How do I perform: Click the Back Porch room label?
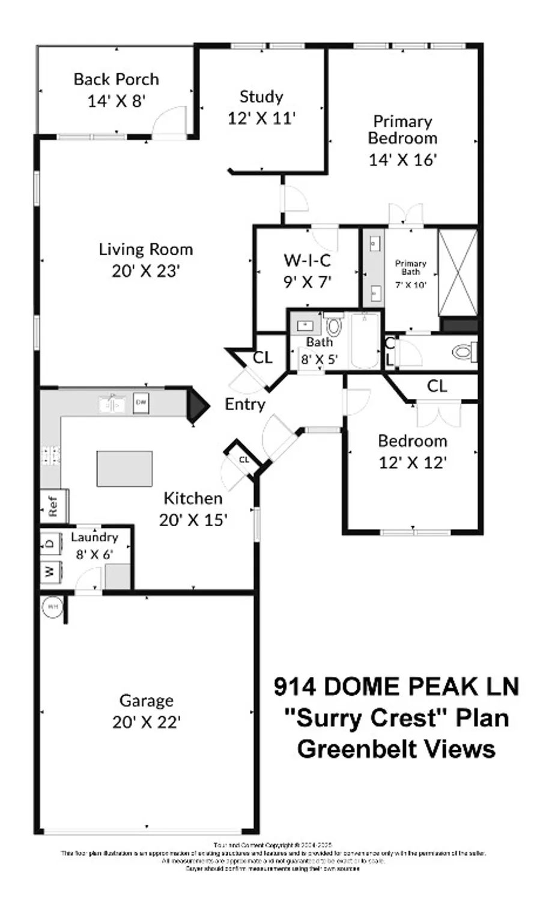[116, 79]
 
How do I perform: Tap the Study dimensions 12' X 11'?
[261, 118]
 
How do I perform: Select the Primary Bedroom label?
[402, 130]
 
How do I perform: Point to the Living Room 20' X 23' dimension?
[146, 271]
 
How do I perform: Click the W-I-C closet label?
[307, 261]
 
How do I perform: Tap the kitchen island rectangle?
[124, 469]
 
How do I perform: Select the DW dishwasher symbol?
[141, 402]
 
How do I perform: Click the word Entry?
[244, 404]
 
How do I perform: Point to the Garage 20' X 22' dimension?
[147, 721]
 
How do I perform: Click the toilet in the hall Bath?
[333, 327]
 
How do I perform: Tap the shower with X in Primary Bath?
[458, 272]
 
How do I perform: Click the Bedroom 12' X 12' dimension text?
[413, 463]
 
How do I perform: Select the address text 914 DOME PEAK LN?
[396, 687]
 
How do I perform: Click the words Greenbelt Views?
[396, 749]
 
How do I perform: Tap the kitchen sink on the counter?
[112, 403]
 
